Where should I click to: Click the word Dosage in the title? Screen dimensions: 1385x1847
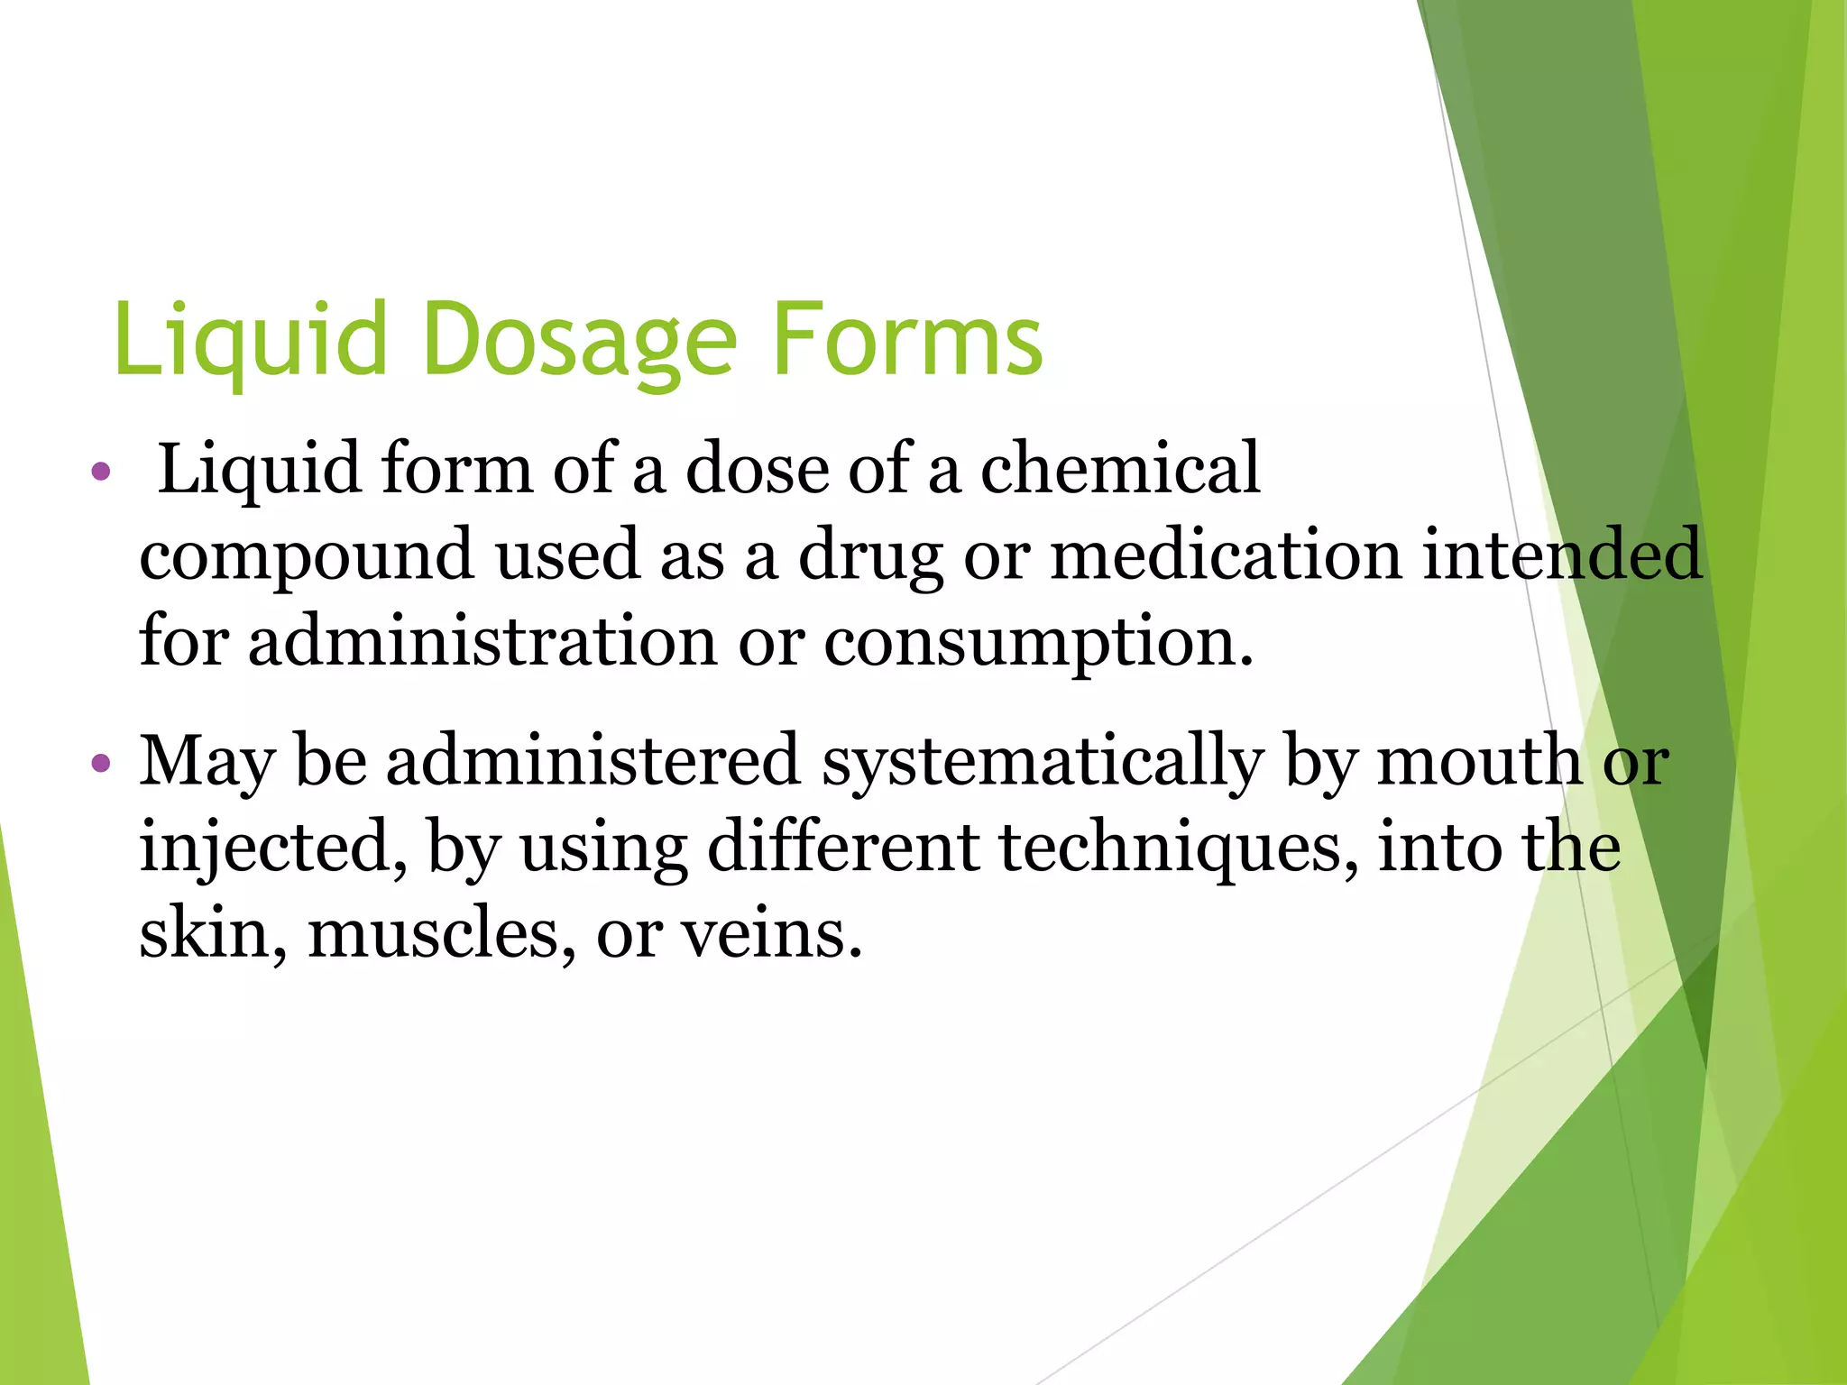pyautogui.click(x=579, y=341)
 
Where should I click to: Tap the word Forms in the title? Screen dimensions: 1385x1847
pyautogui.click(x=907, y=341)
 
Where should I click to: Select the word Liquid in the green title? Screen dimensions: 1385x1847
pyautogui.click(x=250, y=341)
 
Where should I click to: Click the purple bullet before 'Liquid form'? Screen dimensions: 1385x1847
pyautogui.click(x=101, y=472)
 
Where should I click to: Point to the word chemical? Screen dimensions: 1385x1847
pyautogui.click(x=1119, y=469)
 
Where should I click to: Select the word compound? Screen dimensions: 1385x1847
pyautogui.click(x=307, y=555)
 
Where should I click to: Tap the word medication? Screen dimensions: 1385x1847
pyautogui.click(x=1226, y=555)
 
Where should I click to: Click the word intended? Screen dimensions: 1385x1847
pyautogui.click(x=1562, y=555)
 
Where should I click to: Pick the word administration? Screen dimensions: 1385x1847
pyautogui.click(x=482, y=641)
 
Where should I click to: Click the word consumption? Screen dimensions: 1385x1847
pyautogui.click(x=1037, y=641)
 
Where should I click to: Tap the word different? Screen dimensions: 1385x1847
pyautogui.click(x=842, y=848)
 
